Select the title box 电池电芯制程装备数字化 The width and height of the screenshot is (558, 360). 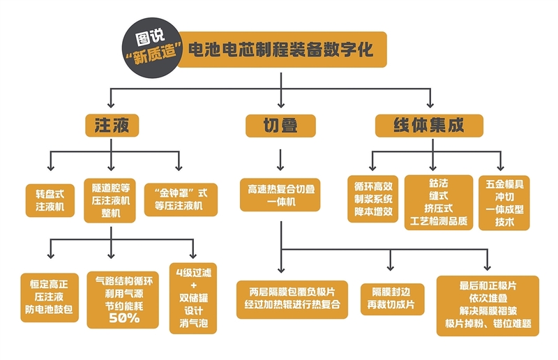[x=279, y=50]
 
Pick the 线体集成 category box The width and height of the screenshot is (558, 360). [x=429, y=125]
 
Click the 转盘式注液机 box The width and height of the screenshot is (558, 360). [x=50, y=200]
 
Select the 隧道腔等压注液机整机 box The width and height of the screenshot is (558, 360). [x=111, y=200]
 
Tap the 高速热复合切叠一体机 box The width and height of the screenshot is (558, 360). [x=280, y=195]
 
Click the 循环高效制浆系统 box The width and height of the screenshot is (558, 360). [x=373, y=199]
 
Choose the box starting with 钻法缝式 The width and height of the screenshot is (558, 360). [x=437, y=202]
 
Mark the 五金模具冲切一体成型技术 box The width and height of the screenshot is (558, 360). [x=504, y=202]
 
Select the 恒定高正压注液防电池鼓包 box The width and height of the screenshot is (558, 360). [x=50, y=297]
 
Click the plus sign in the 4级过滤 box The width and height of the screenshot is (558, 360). [x=193, y=285]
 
